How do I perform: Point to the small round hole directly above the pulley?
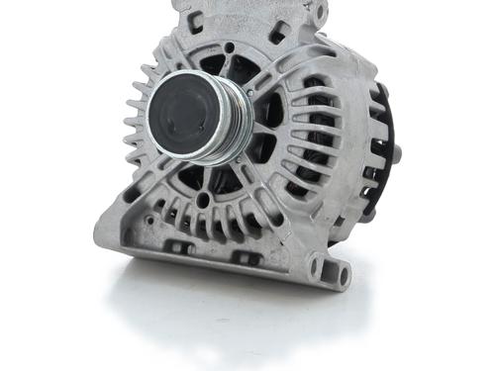coord(230,46)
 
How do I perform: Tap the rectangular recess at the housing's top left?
coord(194,17)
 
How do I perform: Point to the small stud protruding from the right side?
coord(396,154)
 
